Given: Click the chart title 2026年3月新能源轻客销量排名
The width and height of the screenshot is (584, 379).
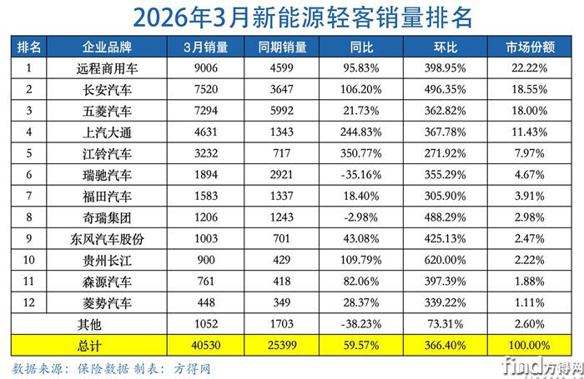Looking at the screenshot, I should pyautogui.click(x=291, y=17).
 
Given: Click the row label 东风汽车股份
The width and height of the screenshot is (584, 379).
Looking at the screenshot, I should pyautogui.click(x=108, y=237).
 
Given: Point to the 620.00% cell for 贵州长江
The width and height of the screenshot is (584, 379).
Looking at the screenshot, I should pyautogui.click(x=443, y=257).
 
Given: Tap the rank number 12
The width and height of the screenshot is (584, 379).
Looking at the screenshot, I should pyautogui.click(x=30, y=300).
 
